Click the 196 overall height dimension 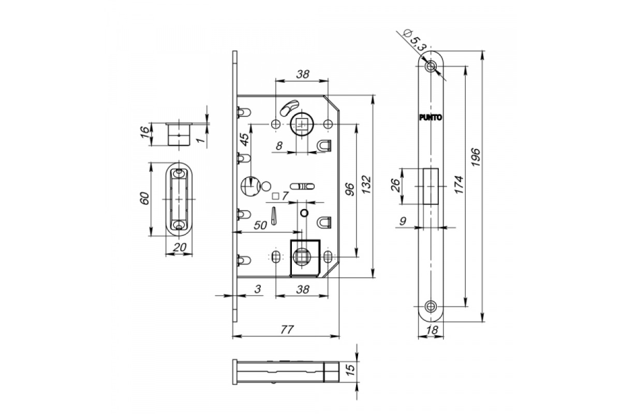coord(475,157)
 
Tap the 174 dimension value coord(459,184)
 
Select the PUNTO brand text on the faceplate coord(430,117)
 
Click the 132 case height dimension coord(366,184)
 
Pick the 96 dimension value coord(350,189)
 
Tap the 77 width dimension coord(287,330)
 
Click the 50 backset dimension coord(260,225)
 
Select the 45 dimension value coord(244,139)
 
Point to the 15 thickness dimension coord(350,369)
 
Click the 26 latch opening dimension coord(395,185)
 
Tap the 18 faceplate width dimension coord(432,330)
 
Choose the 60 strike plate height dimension coord(145,198)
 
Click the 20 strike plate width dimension coord(180,247)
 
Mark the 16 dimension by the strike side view coord(144,132)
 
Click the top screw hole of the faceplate coord(431,66)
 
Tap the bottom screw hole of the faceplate coord(431,307)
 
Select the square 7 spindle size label coord(280,196)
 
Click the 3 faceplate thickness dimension coord(258,289)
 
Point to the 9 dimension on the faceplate coord(403,221)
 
